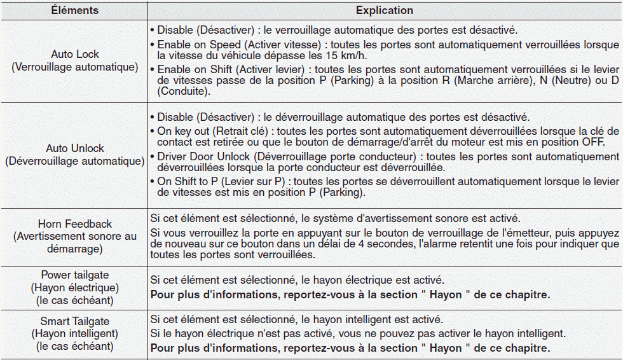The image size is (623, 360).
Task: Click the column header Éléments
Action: click(x=75, y=11)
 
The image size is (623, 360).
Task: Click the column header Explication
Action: click(x=384, y=11)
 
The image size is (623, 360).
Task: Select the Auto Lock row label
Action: click(x=75, y=55)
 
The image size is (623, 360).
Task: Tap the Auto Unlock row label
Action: click(x=75, y=148)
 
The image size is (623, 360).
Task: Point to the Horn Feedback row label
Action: click(x=75, y=224)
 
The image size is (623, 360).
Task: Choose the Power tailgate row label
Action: click(x=75, y=275)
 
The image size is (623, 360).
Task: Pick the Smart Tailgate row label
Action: click(x=75, y=321)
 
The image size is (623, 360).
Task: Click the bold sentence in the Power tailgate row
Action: click(x=350, y=294)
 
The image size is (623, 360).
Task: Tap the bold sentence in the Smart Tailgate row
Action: click(x=350, y=348)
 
